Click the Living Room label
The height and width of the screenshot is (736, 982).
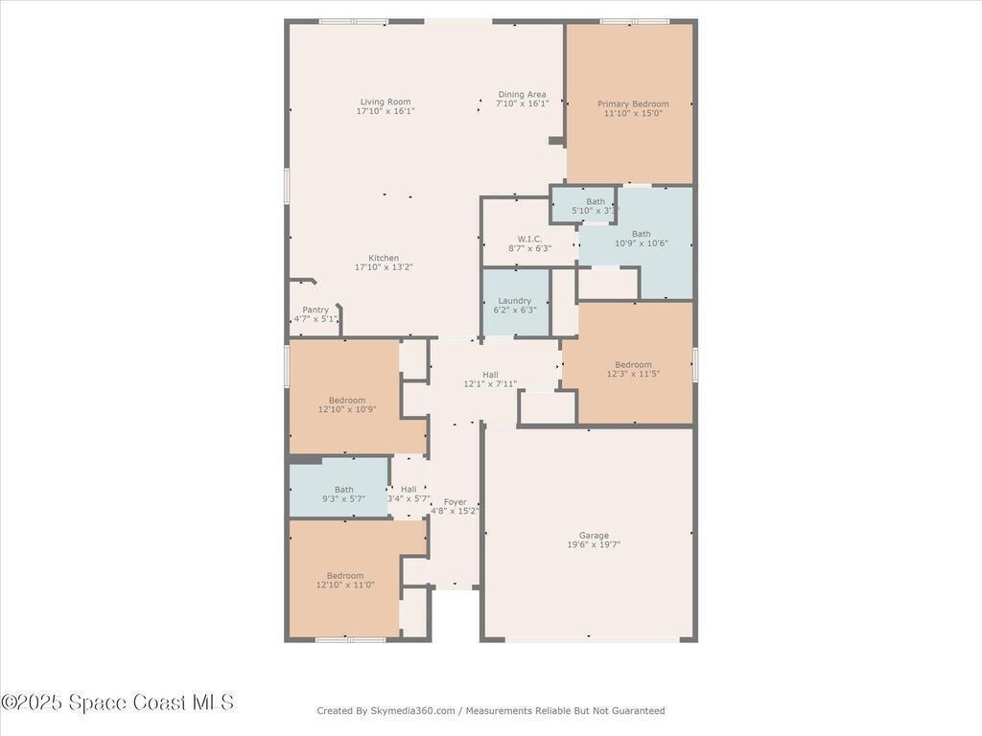[x=386, y=102]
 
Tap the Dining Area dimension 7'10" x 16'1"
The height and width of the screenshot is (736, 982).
[x=523, y=103]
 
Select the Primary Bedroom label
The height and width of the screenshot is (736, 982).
[x=633, y=103]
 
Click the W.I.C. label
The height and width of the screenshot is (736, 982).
[x=529, y=239]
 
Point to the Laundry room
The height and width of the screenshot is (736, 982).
[x=515, y=303]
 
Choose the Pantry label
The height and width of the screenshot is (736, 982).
[x=316, y=310]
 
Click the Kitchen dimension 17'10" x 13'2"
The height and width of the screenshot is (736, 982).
[x=384, y=267]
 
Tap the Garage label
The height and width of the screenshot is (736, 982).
[x=594, y=535]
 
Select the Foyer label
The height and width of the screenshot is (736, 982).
[x=456, y=502]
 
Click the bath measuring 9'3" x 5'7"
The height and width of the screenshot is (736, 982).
[x=339, y=488]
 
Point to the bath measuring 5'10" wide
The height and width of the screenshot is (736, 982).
[x=583, y=204]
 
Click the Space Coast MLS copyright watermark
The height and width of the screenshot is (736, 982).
[x=117, y=702]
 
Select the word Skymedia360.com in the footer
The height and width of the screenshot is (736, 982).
[x=412, y=711]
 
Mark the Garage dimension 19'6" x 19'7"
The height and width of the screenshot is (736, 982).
[x=594, y=544]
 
